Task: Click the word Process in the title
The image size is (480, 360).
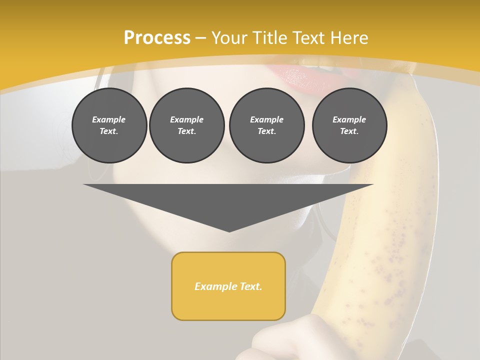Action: (157, 38)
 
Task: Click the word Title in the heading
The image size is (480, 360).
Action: (270, 38)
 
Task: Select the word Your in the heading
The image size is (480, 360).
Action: (230, 38)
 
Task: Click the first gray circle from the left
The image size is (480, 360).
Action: (109, 125)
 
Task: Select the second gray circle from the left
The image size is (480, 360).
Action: (186, 125)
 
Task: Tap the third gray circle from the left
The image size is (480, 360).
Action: (266, 125)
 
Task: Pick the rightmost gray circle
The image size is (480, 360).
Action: (349, 125)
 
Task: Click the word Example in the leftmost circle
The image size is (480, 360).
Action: (109, 119)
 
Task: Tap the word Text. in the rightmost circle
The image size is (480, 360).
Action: (349, 131)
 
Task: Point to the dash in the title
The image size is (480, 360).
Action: (201, 38)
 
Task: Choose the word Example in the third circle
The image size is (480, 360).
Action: (266, 119)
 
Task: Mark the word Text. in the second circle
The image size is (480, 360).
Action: (186, 131)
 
